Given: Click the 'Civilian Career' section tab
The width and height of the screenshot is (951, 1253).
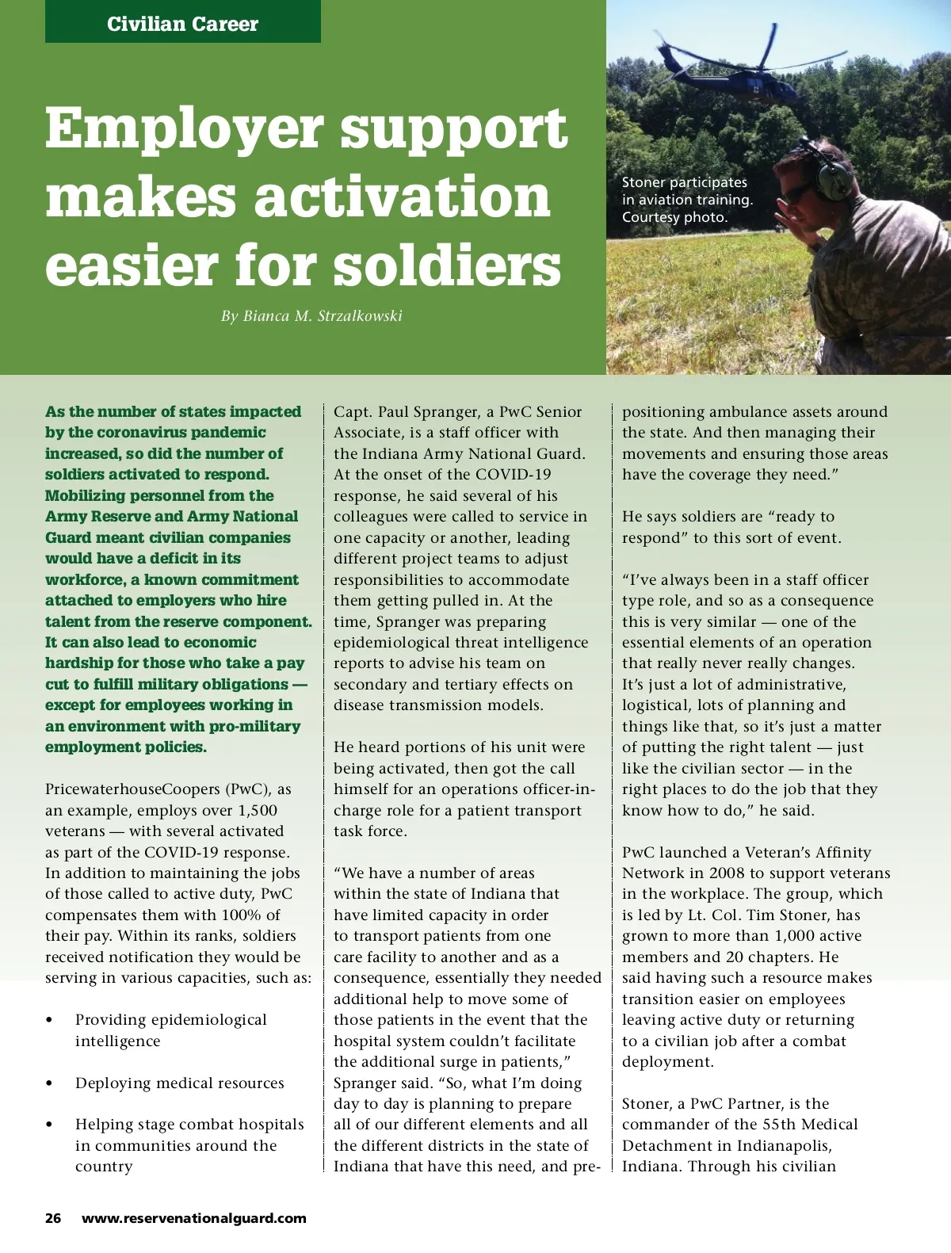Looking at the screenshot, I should click(x=182, y=24).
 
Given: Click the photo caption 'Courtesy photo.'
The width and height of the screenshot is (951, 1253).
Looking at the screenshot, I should click(x=674, y=217).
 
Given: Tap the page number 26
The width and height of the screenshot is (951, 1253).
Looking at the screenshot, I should click(x=53, y=1218).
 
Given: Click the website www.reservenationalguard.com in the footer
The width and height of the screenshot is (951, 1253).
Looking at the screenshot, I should click(x=194, y=1218).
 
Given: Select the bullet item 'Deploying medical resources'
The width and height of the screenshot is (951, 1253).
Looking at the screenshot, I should click(x=179, y=1083).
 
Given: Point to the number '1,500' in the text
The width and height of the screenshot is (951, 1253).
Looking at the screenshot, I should click(x=257, y=810).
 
